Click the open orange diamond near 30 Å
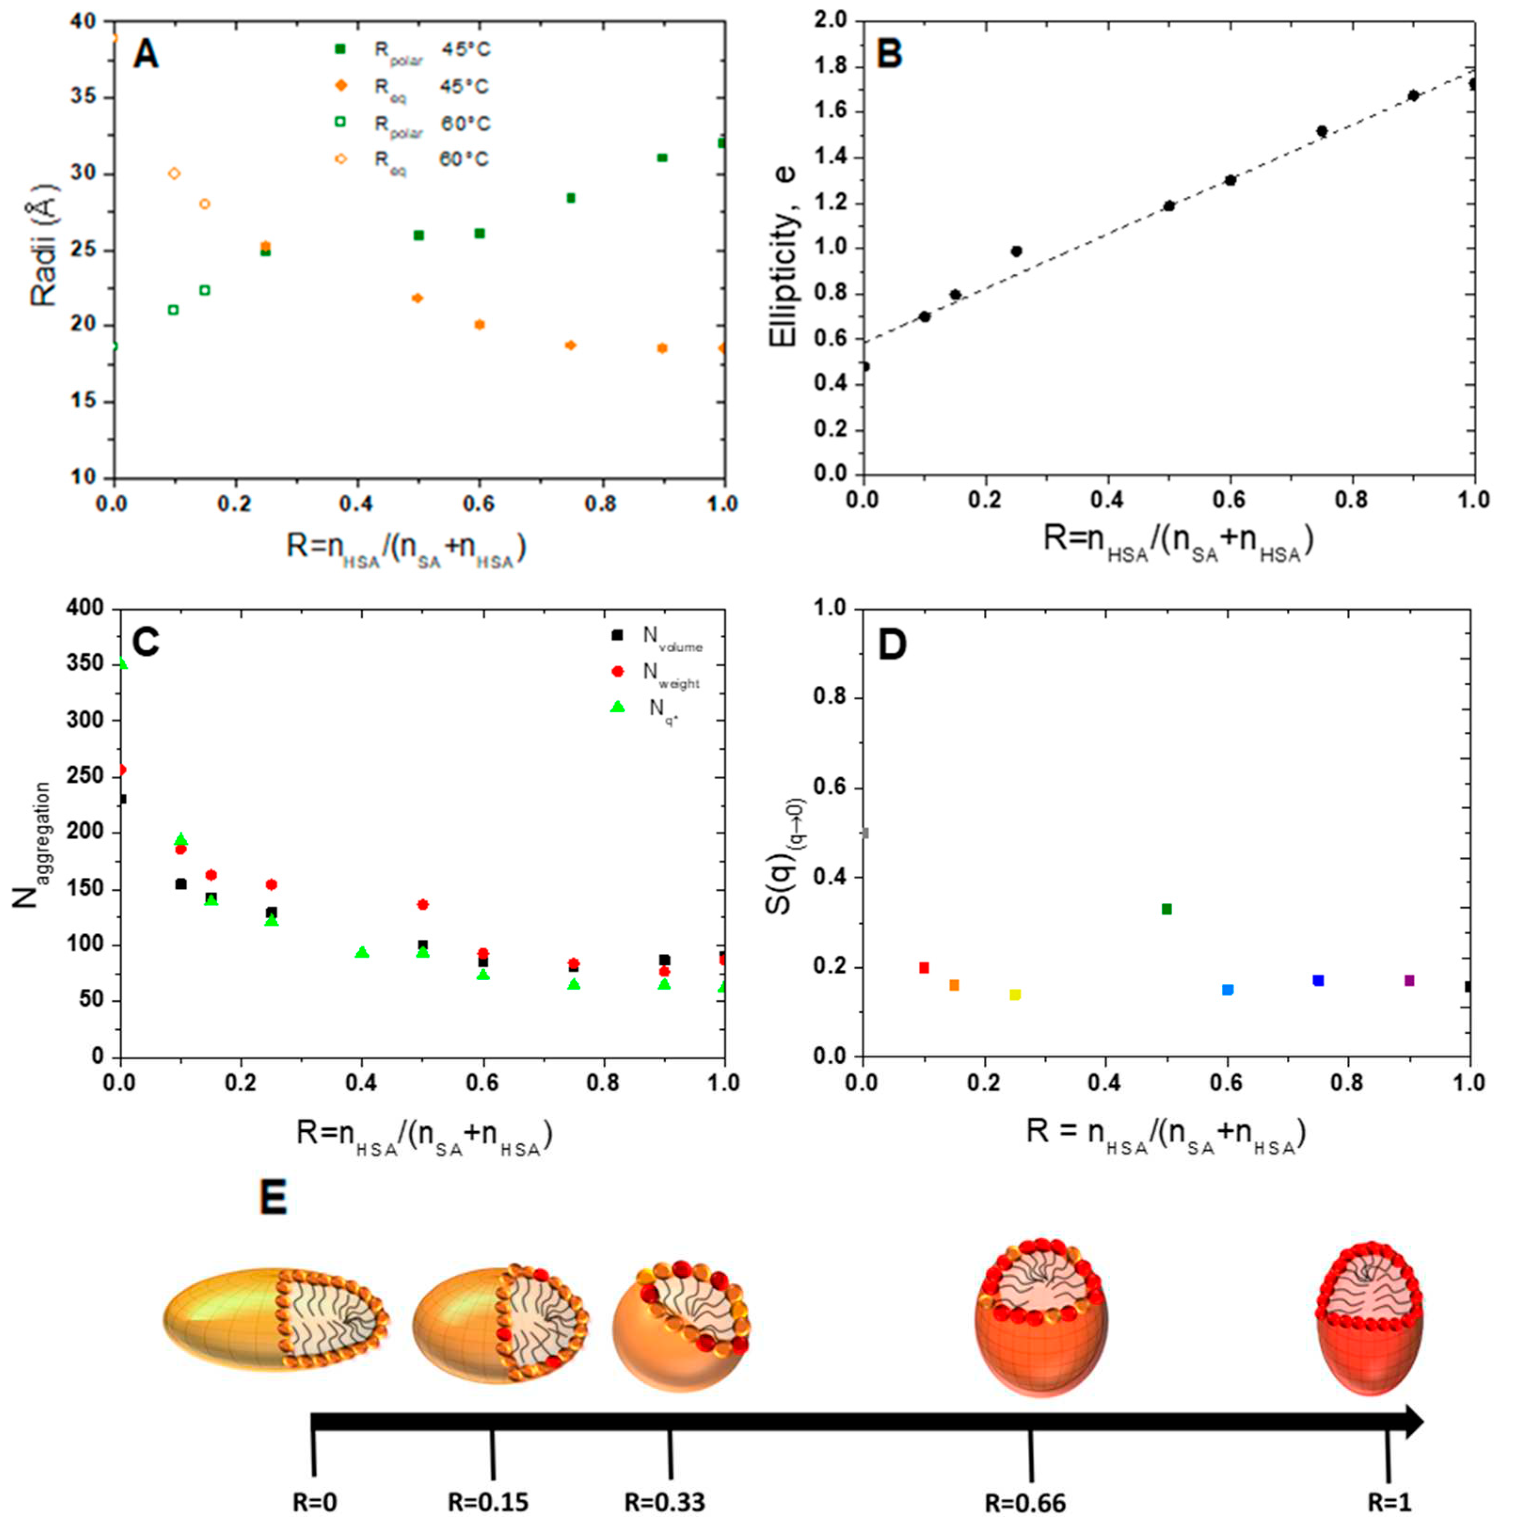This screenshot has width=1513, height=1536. pos(174,173)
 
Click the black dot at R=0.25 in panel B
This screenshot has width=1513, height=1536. pos(1016,251)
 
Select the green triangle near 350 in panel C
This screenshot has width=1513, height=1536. pos(121,663)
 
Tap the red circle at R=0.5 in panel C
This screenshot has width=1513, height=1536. pos(423,904)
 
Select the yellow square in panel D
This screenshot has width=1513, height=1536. pos(1015,994)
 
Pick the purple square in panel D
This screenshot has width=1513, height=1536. pos(1409,980)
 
